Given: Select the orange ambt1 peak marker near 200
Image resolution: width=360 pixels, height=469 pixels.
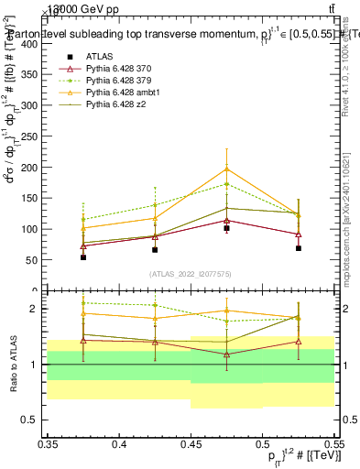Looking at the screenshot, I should (x=226, y=169).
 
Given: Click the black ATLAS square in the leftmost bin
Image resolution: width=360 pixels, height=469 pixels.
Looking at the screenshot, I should (x=83, y=257).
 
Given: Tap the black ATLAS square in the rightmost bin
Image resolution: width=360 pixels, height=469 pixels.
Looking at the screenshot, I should (x=299, y=248).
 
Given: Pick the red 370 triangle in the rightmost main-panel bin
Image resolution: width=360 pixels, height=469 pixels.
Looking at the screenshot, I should (x=299, y=234).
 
